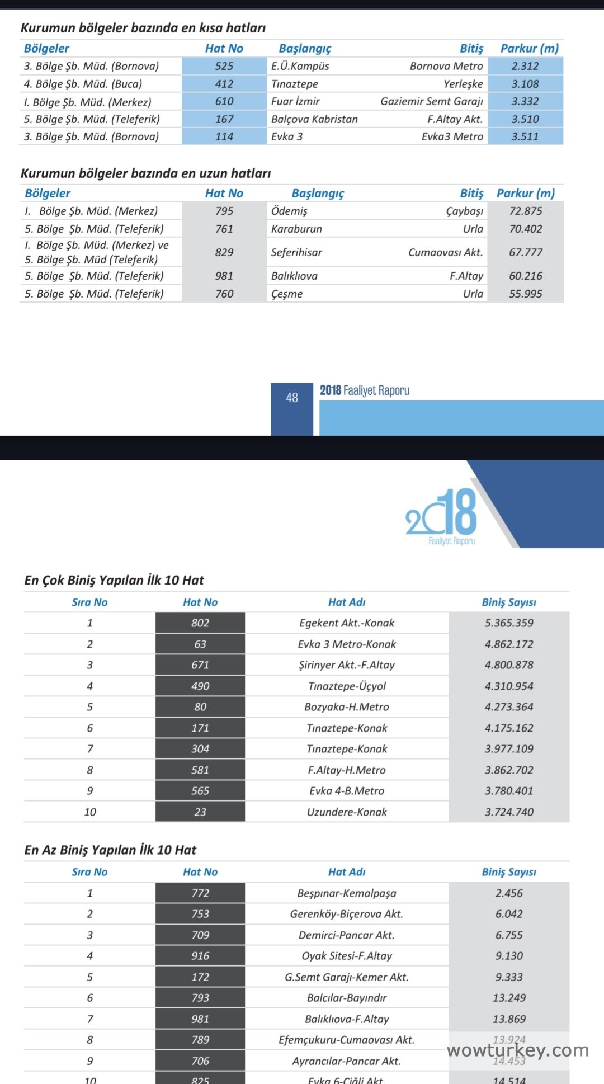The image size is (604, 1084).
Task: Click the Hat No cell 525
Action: tap(224, 66)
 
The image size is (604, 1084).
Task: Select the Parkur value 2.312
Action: tap(525, 66)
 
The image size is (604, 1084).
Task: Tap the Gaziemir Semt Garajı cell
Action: tap(431, 101)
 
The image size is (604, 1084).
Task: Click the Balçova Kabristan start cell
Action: tap(314, 119)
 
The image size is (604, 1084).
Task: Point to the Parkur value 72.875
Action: tap(525, 211)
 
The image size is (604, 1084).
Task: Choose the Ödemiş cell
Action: tap(289, 211)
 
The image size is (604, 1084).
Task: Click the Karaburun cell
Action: tap(296, 229)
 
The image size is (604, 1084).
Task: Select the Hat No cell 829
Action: tap(224, 252)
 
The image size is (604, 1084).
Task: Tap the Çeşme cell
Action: tap(287, 294)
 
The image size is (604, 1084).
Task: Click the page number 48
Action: tap(292, 398)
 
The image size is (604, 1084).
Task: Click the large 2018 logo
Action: tap(442, 513)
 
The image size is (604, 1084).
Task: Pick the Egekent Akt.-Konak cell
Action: tap(347, 623)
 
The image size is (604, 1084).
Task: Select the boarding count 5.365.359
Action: tap(509, 623)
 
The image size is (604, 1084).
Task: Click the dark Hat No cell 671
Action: tap(200, 665)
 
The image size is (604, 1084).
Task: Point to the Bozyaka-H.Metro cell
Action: tap(347, 707)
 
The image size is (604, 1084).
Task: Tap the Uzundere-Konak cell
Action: tap(347, 812)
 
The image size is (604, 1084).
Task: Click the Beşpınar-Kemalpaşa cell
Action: tap(347, 893)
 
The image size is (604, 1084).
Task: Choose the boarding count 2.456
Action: tap(509, 893)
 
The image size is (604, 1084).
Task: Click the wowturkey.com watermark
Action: tap(518, 1050)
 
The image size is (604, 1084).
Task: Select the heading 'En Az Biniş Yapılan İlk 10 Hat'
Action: tap(110, 850)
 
